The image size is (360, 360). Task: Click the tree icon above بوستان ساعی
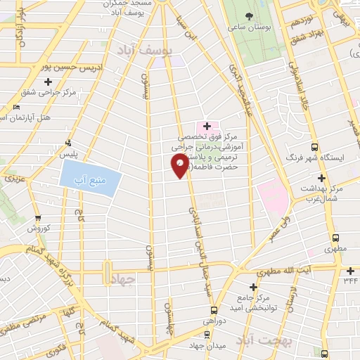[x=248, y=16]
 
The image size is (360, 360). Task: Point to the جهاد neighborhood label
[x=122, y=280]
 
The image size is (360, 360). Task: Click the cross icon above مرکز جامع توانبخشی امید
[x=255, y=288]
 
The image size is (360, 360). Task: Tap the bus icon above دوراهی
[x=213, y=309]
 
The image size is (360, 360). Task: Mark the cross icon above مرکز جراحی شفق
[x=47, y=83]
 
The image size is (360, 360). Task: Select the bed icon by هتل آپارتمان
[x=16, y=107]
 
